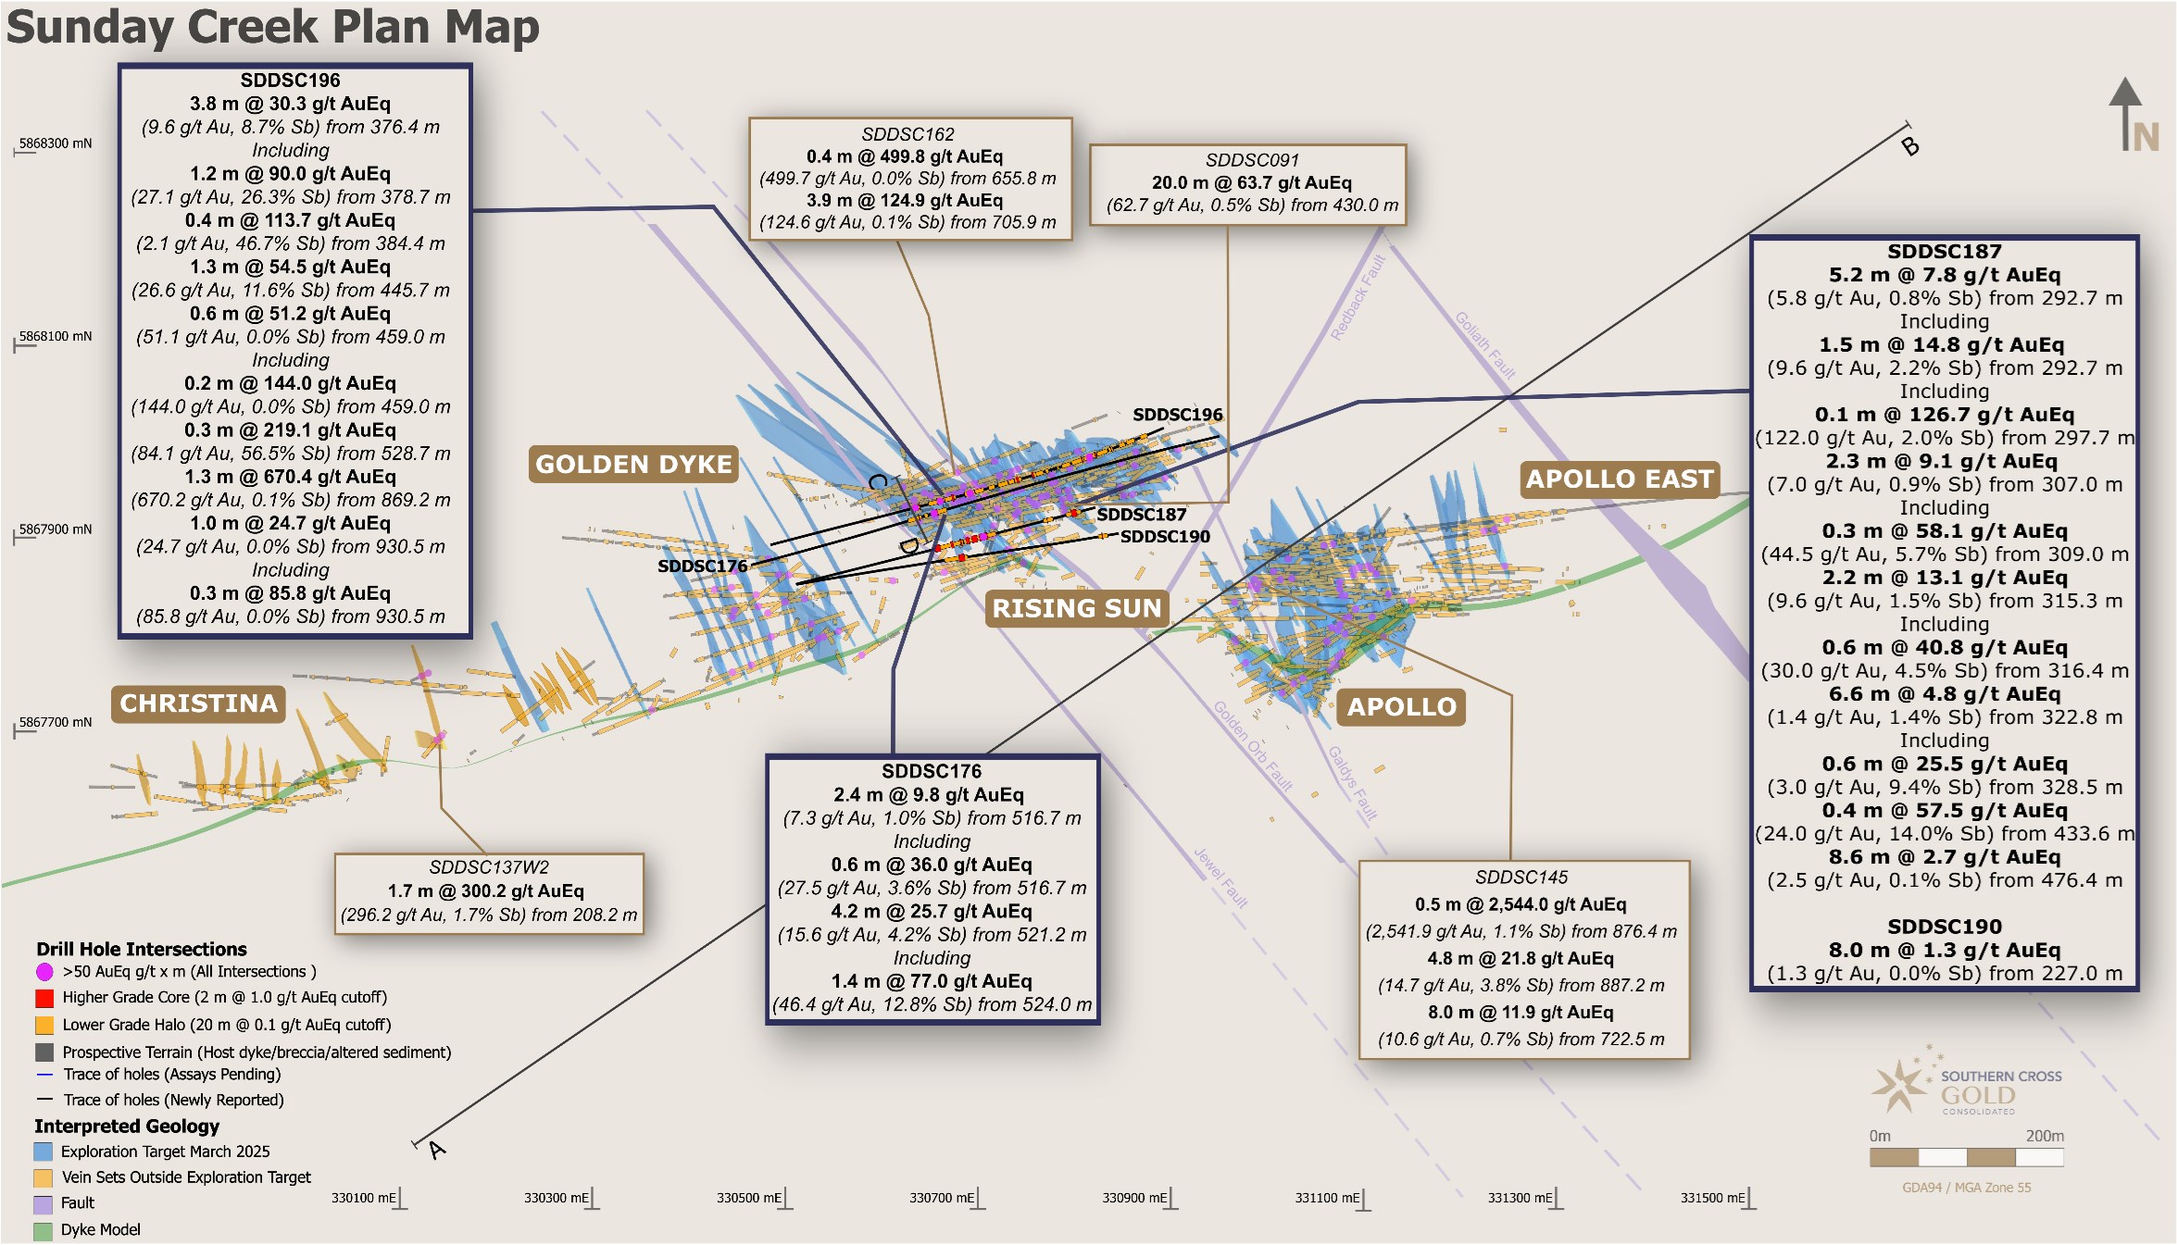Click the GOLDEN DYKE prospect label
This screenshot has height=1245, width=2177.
tap(633, 464)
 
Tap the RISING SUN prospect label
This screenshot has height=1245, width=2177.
tap(1076, 608)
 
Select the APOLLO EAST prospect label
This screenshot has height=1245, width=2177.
tap(1620, 479)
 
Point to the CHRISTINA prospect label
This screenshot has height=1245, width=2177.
tap(198, 703)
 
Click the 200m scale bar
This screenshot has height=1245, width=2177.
tap(1966, 1157)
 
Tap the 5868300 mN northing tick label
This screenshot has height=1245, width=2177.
tap(56, 143)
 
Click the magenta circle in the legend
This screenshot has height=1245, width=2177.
tap(44, 972)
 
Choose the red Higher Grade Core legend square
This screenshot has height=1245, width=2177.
tap(44, 998)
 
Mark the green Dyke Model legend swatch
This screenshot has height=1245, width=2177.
tap(43, 1231)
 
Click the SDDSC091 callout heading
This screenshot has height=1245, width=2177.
tap(1252, 160)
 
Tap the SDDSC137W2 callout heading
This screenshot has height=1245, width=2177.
tap(489, 867)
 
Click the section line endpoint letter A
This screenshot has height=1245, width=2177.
tap(437, 1150)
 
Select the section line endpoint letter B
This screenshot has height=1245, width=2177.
tap(1910, 146)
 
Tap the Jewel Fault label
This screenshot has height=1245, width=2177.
tap(1220, 877)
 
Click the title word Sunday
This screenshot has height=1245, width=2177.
tap(90, 28)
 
